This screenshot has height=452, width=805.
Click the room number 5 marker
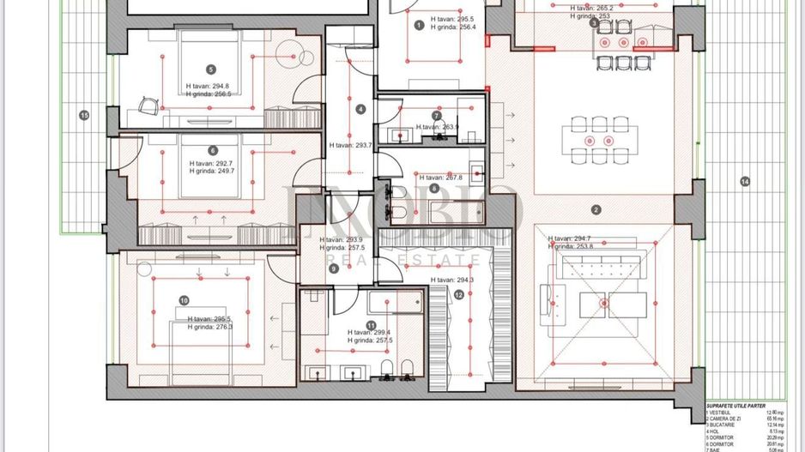[211, 69]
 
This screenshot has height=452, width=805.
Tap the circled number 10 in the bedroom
[184, 300]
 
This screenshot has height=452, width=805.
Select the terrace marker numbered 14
[744, 181]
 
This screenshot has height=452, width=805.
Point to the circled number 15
[83, 115]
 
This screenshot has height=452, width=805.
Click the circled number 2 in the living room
[596, 208]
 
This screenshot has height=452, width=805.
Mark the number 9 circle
[334, 268]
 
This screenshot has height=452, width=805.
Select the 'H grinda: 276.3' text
[210, 326]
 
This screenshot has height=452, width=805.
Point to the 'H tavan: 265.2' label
[591, 7]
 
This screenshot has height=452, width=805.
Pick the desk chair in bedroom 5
[149, 105]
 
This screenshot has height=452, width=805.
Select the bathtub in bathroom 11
[391, 301]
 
